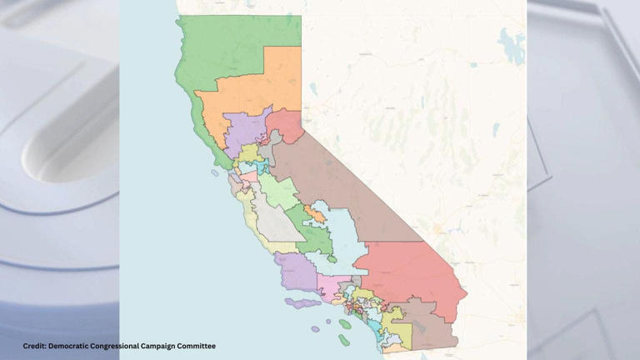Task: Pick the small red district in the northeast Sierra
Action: [286, 125]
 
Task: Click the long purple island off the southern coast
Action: [302, 303]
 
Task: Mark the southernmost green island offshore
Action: [344, 339]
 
